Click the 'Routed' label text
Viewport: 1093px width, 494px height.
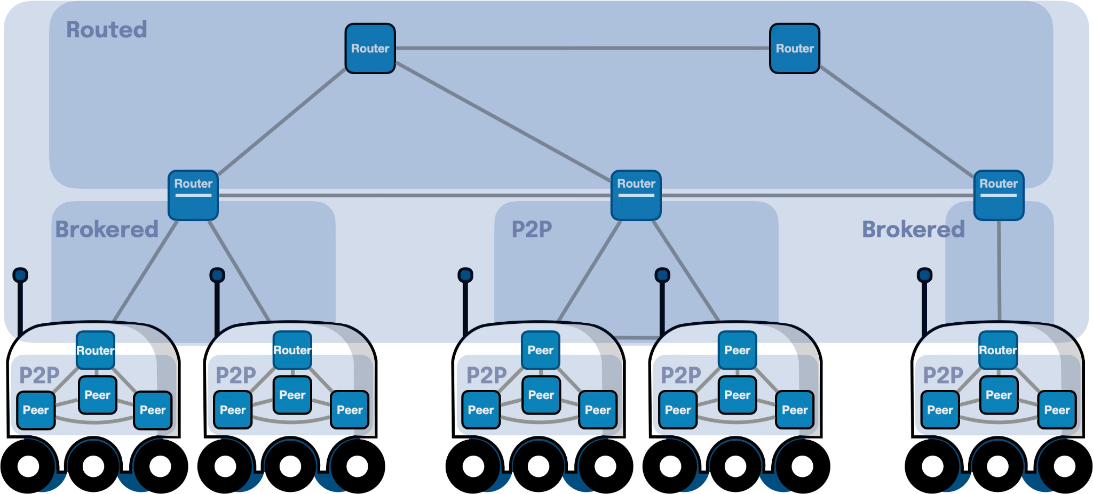[x=107, y=30]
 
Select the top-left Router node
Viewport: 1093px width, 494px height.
[x=370, y=49]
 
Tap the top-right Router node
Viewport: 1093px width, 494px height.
[x=794, y=49]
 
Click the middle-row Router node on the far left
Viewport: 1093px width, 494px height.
[x=193, y=195]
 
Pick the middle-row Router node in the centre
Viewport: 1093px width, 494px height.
[x=636, y=195]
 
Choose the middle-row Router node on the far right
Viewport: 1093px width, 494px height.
[x=999, y=195]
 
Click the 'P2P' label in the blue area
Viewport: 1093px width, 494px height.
[x=532, y=229]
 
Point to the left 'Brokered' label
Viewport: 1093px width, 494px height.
[x=107, y=229]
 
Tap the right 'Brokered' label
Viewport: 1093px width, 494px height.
[x=913, y=229]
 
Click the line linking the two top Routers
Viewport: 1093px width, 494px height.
[x=582, y=48]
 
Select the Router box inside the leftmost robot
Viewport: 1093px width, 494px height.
[x=96, y=350]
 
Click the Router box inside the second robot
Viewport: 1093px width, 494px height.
[x=292, y=350]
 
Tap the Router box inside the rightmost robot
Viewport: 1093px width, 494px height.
[x=998, y=350]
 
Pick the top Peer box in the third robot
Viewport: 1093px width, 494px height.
[x=540, y=350]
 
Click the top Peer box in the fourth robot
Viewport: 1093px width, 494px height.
[x=737, y=350]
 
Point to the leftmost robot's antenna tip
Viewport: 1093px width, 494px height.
[x=20, y=275]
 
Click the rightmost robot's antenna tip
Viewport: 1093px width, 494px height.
[x=924, y=275]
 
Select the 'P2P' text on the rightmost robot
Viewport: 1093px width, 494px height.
[x=943, y=375]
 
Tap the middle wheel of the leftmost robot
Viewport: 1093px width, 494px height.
[x=93, y=466]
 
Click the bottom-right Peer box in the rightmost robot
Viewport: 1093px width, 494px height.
[x=1057, y=410]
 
